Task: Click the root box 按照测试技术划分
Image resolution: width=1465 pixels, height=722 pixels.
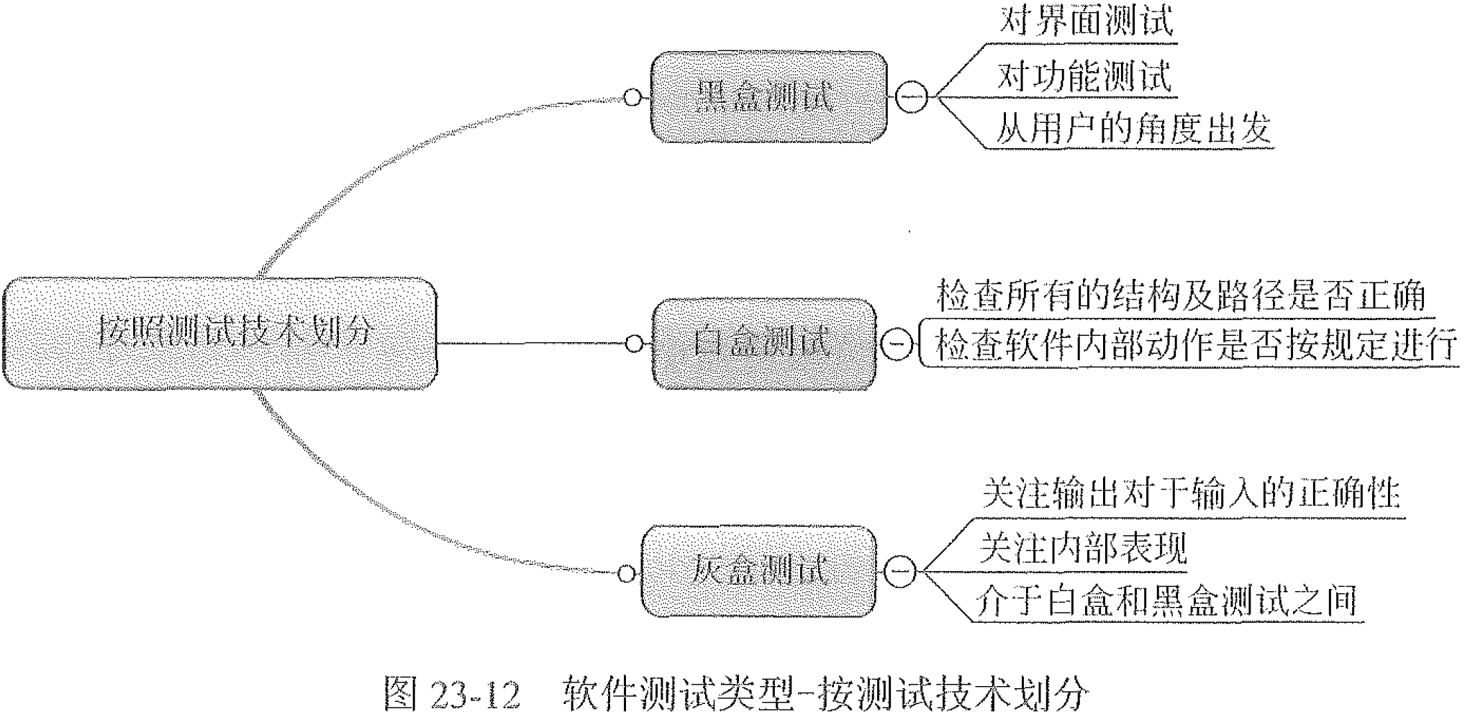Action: tap(220, 334)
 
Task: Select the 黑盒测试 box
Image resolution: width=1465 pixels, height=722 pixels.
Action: tap(768, 97)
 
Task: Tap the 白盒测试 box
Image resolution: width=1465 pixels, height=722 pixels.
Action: tap(764, 344)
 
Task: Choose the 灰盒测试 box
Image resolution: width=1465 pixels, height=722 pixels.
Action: tap(759, 572)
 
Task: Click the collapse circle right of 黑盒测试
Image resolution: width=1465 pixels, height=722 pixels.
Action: tap(911, 97)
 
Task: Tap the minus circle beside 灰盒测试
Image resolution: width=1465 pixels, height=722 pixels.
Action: tap(900, 572)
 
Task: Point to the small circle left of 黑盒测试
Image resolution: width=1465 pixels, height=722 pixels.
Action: tap(632, 98)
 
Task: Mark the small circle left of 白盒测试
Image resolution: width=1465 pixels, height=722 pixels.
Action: tap(634, 344)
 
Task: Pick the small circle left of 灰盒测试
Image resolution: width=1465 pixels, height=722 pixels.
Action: tap(627, 573)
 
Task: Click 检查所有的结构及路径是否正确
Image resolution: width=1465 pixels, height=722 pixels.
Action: tap(1180, 296)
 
